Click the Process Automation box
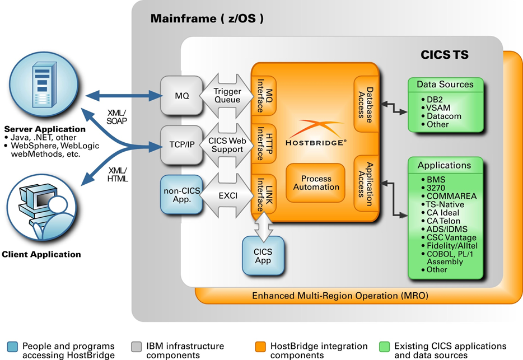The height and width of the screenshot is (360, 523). pyautogui.click(x=316, y=183)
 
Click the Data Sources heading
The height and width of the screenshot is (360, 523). pyautogui.click(x=445, y=85)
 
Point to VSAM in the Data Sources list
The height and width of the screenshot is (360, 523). pyautogui.click(x=438, y=108)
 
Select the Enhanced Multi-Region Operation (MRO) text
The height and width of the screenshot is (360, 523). pyautogui.click(x=339, y=295)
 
